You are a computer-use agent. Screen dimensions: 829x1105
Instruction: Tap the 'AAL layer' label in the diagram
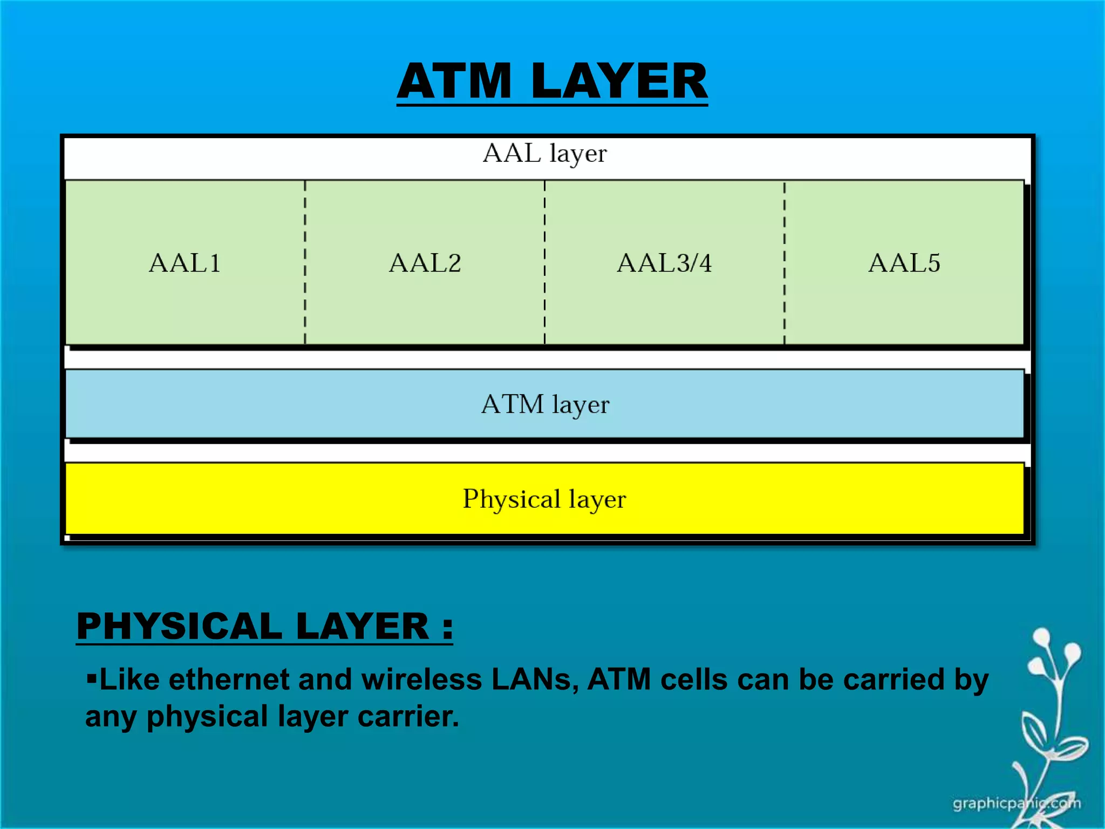coord(545,153)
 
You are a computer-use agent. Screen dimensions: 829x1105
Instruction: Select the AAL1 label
coord(185,263)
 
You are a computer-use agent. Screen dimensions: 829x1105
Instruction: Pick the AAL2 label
coord(425,263)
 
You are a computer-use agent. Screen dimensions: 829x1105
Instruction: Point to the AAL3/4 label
coord(664,263)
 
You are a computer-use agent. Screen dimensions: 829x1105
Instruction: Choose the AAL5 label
coord(904,263)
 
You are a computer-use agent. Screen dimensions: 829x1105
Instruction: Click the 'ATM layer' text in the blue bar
coord(545,404)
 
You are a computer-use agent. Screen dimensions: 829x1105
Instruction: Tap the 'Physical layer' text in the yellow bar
coord(544,499)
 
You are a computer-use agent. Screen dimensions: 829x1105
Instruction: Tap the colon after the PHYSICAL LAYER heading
coord(447,629)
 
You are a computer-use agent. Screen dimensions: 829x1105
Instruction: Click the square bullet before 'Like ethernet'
coord(91,677)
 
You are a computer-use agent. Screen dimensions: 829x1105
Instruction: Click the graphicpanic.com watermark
coord(1017,804)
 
